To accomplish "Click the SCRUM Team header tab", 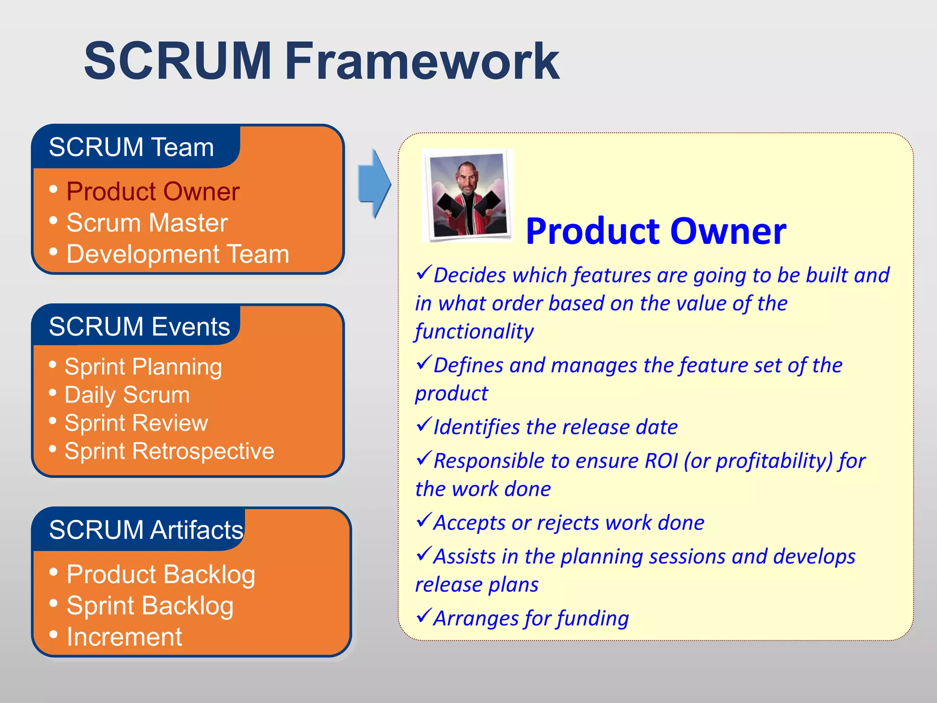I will [x=132, y=147].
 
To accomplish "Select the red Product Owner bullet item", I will [x=153, y=191].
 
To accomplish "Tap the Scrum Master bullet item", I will [x=147, y=223].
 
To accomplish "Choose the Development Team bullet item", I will [x=178, y=254].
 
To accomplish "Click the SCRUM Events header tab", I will [x=139, y=327].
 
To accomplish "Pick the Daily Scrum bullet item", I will [x=127, y=395].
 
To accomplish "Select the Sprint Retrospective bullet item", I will [x=169, y=451].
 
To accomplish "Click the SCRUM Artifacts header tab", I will [x=145, y=530].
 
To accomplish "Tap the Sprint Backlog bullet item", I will [x=150, y=606].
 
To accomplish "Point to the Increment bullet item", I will [x=124, y=637].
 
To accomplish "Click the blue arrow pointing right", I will [x=374, y=184].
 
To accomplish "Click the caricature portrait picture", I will [x=468, y=195].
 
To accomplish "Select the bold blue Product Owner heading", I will [x=656, y=231].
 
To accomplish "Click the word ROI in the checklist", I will [x=660, y=461].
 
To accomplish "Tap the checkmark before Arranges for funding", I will [x=424, y=616].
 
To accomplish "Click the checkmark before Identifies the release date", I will [x=424, y=425].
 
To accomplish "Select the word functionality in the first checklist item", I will [x=474, y=331].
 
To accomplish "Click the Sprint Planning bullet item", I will [x=143, y=367].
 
